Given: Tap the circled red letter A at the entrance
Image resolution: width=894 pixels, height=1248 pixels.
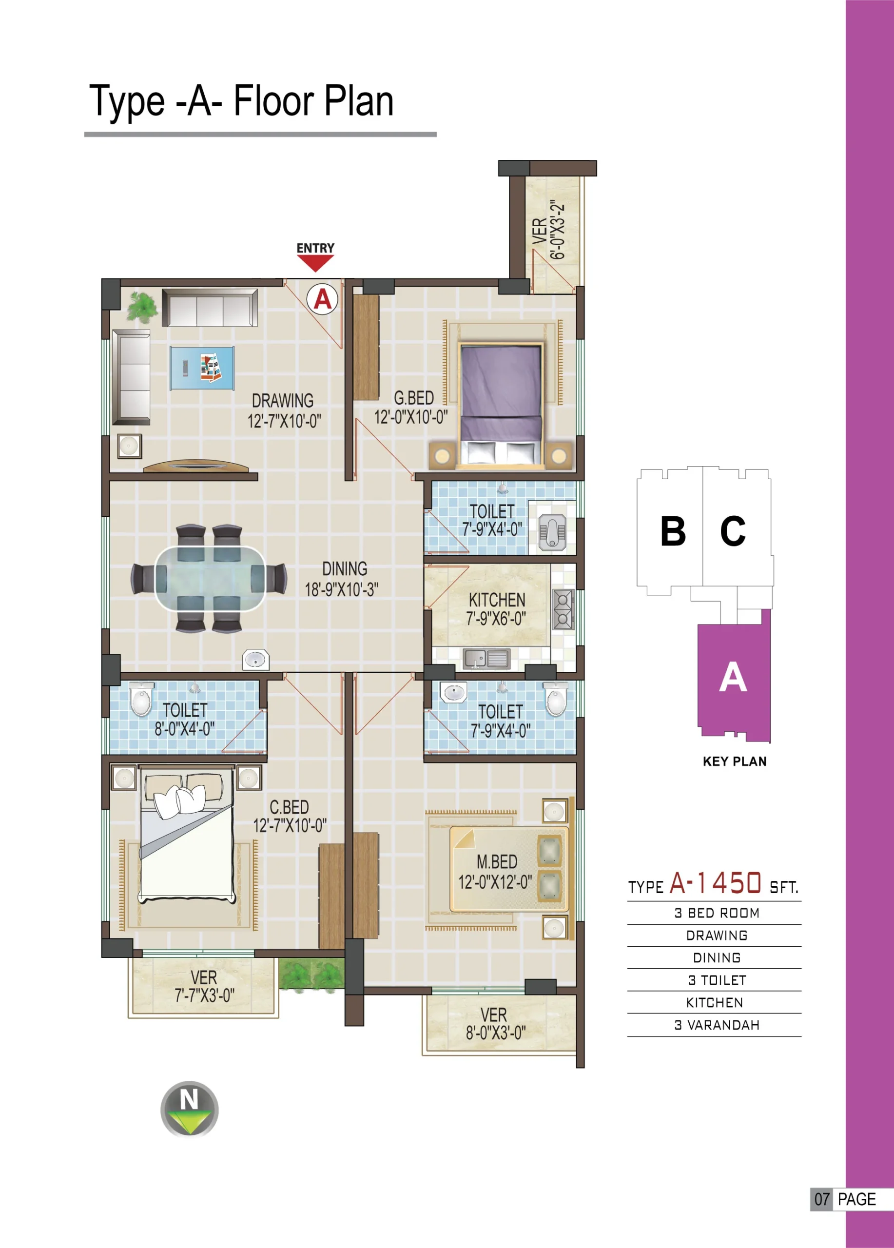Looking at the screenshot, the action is pos(322,299).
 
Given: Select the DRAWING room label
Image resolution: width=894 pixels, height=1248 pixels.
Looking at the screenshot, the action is pos(283,401).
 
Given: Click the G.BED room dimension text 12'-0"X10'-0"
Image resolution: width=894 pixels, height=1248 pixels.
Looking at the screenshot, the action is pos(411,417).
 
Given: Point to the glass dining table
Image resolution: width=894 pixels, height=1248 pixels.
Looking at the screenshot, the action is pos(210,578).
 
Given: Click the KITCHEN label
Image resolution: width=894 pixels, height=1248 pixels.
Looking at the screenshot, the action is pos(497,600).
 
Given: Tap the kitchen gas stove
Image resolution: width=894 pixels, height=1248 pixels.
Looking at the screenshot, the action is pos(564,609).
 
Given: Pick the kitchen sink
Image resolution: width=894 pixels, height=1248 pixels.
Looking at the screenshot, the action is pos(487,659).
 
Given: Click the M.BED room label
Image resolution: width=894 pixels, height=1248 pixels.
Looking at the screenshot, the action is pos(497,862).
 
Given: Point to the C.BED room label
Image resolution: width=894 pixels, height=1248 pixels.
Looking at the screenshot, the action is pos(289,807).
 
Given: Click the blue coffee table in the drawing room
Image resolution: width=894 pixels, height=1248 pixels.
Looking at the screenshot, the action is pos(202,368).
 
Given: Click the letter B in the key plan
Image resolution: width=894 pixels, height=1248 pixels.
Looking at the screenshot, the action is pos(673,531).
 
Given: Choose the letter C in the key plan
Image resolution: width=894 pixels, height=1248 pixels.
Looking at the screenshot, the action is pos(733,531).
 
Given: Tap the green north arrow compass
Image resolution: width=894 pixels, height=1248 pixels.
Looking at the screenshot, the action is pos(189,1109).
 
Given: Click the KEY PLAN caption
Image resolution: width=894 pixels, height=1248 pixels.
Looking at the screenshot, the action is pos(735,761).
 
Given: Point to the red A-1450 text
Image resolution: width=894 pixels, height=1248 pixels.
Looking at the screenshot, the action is pos(715,883).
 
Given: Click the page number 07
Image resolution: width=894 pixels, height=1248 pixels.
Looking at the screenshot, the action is pos(822,1199).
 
